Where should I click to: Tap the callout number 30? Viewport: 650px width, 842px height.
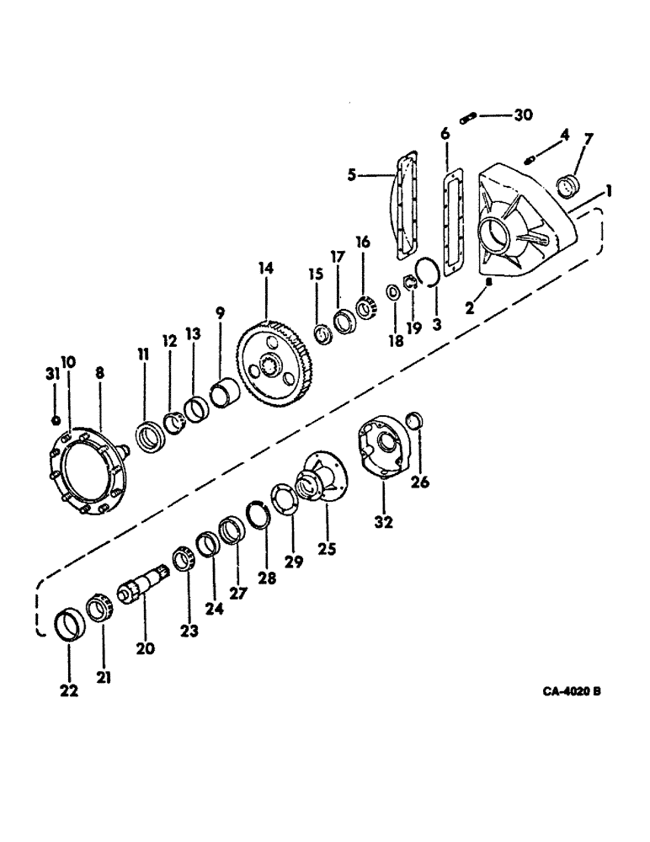[x=522, y=115]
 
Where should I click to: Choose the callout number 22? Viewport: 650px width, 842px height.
[x=68, y=690]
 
